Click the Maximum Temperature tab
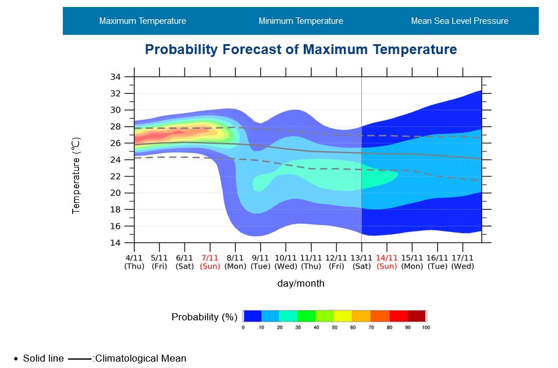pyautogui.click(x=143, y=21)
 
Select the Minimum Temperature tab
pyautogui.click(x=301, y=21)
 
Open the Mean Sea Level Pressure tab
pyautogui.click(x=460, y=21)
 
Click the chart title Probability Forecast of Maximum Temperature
pyautogui.click(x=301, y=49)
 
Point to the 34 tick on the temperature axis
pyautogui.click(x=115, y=77)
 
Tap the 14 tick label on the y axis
pyautogui.click(x=115, y=242)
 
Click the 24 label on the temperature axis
pyautogui.click(x=115, y=160)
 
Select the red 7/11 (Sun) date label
pyautogui.click(x=210, y=262)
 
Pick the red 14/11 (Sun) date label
pyautogui.click(x=387, y=262)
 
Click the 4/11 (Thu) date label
pyautogui.click(x=134, y=262)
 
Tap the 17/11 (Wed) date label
pyautogui.click(x=463, y=262)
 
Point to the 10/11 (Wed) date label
pyautogui.click(x=286, y=262)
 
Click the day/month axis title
pyautogui.click(x=301, y=284)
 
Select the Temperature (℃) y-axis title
pyautogui.click(x=76, y=175)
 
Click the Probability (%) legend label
pyautogui.click(x=204, y=317)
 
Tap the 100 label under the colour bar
pyautogui.click(x=426, y=327)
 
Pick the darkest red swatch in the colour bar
pyautogui.click(x=417, y=316)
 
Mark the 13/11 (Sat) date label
pyautogui.click(x=361, y=262)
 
